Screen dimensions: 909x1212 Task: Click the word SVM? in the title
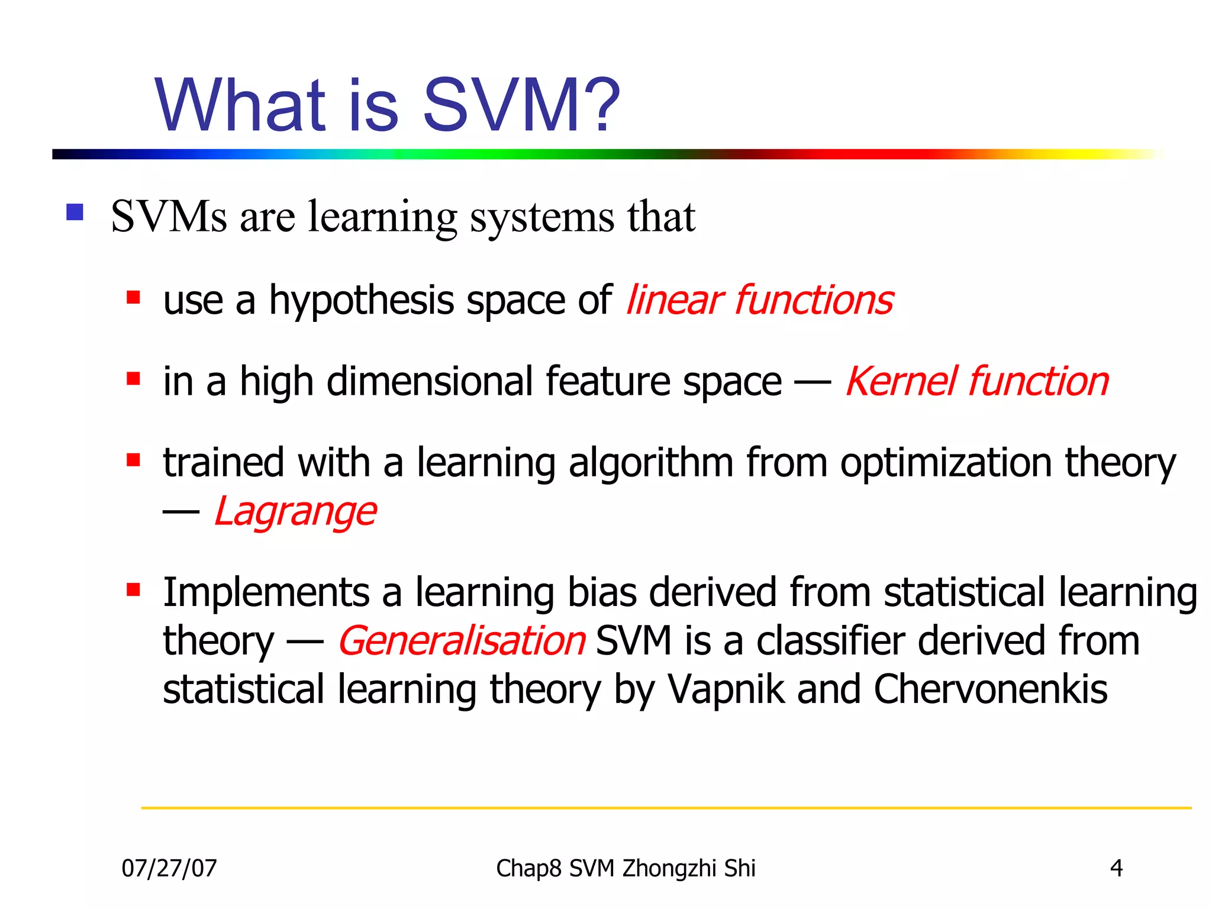(x=521, y=105)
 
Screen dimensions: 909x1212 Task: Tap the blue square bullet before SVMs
(x=75, y=212)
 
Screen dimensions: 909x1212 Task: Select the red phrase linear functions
(x=759, y=300)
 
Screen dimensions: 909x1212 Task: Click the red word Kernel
(x=901, y=381)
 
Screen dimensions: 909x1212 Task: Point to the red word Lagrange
(x=295, y=511)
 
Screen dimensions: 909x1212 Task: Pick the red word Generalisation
(x=462, y=641)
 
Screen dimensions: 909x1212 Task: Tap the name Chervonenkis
(x=990, y=689)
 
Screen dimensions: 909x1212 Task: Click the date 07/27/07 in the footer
(x=169, y=868)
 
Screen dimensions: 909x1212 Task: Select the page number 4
(x=1116, y=868)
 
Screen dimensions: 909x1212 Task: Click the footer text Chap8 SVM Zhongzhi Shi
(x=626, y=868)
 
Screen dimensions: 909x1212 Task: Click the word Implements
(x=266, y=593)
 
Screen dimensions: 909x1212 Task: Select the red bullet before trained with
(x=133, y=460)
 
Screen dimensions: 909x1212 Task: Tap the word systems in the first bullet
(x=542, y=217)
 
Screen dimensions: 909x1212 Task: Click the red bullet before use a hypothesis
(x=133, y=297)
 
